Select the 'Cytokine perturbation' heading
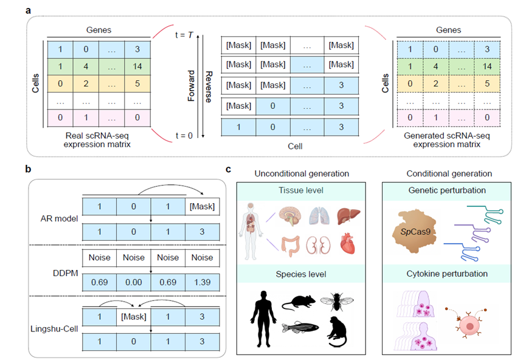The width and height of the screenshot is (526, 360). coord(447,274)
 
